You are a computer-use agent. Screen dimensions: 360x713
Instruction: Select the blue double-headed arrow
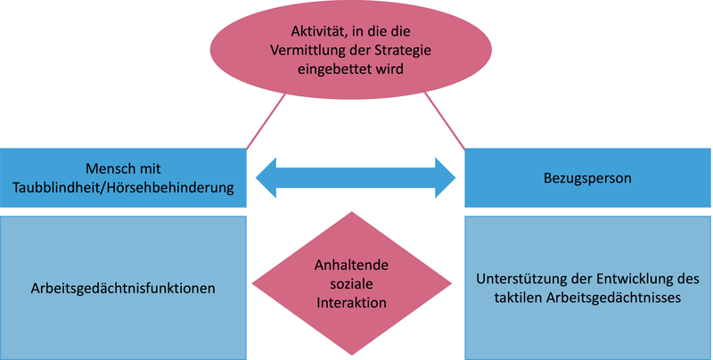click(x=356, y=177)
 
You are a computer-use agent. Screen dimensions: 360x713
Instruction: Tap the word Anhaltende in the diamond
click(x=351, y=265)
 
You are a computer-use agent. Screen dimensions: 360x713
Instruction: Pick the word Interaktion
click(x=351, y=302)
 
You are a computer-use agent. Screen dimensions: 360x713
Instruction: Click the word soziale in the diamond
click(x=351, y=283)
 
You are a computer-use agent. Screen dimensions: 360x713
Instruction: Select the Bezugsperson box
click(x=587, y=177)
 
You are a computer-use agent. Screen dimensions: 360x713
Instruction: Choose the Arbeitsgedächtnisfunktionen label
click(x=123, y=288)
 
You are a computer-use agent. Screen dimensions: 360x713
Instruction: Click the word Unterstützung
click(x=521, y=278)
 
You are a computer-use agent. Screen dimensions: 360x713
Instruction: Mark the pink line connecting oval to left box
click(x=265, y=119)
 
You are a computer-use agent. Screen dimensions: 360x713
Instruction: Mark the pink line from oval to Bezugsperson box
click(x=445, y=119)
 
